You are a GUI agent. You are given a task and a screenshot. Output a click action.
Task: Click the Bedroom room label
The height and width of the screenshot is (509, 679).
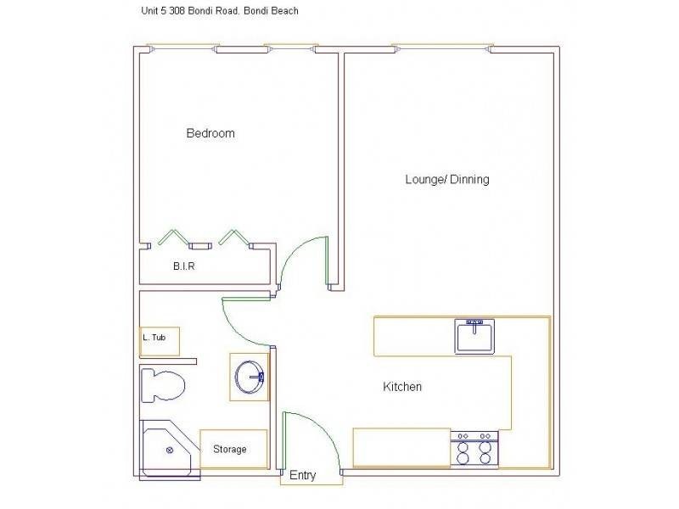[210, 133]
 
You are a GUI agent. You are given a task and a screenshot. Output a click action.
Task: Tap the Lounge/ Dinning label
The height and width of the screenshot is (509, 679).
[446, 180]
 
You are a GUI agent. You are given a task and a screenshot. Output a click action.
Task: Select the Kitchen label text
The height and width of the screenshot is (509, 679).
[402, 387]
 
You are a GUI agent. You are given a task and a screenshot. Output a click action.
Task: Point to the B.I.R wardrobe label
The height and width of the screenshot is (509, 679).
[185, 266]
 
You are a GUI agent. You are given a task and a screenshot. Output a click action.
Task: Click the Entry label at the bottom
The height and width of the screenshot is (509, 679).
[303, 476]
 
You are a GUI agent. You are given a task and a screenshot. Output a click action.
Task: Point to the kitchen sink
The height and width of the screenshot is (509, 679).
[475, 337]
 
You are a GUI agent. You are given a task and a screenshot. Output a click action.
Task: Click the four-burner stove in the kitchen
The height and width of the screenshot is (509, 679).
[475, 448]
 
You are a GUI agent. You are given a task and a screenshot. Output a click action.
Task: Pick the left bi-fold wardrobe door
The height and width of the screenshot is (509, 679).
[174, 238]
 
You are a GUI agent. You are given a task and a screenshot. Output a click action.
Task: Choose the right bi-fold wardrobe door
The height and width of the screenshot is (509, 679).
[231, 238]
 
